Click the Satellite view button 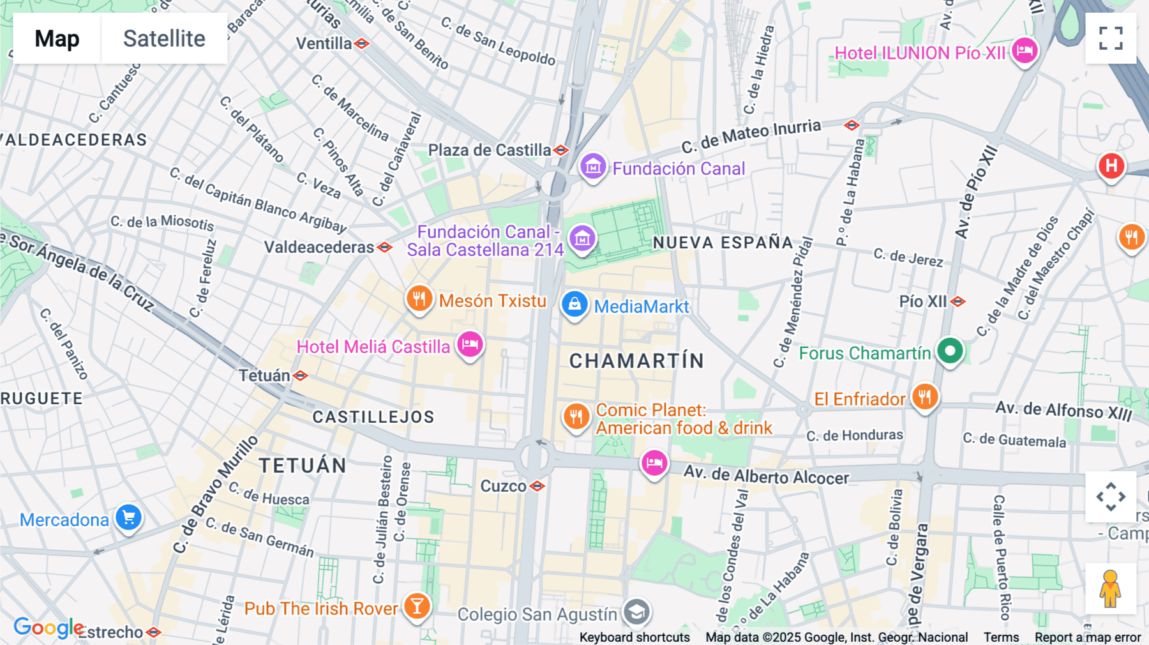(x=164, y=38)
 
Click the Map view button (x=57, y=38)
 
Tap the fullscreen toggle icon (x=1111, y=38)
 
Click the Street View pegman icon (x=1110, y=589)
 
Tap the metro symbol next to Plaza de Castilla (x=561, y=151)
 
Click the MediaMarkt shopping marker (x=574, y=305)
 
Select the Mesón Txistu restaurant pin (x=419, y=299)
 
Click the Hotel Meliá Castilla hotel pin (x=470, y=345)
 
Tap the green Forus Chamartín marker (x=950, y=351)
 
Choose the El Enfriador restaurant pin (x=924, y=397)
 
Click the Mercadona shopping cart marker (x=128, y=518)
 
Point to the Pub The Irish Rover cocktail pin (x=417, y=606)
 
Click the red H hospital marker (x=1111, y=166)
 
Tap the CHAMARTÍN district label (x=636, y=361)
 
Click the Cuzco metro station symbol (x=537, y=487)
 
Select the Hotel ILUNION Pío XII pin (x=1024, y=51)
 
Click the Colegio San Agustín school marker (x=636, y=612)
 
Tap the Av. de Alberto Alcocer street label (x=766, y=476)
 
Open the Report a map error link (x=1087, y=637)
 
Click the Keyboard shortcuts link (x=634, y=637)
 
